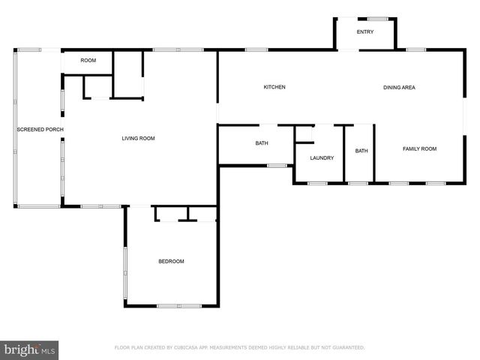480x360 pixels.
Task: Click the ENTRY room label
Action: (x=364, y=32)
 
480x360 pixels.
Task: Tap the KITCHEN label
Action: (x=274, y=88)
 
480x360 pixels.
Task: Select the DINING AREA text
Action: (x=399, y=88)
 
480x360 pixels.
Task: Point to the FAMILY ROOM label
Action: (x=419, y=149)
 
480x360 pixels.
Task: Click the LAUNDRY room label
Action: (x=322, y=157)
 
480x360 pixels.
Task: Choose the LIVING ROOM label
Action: (x=139, y=139)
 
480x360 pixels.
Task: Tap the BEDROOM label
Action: (x=171, y=261)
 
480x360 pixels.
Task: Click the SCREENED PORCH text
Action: (x=40, y=130)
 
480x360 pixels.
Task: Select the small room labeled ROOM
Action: (x=88, y=60)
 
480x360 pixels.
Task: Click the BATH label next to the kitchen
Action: (x=262, y=143)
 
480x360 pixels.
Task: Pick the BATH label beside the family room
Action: (x=361, y=151)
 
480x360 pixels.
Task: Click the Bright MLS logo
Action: (x=29, y=349)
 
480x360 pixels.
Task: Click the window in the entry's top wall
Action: (x=378, y=19)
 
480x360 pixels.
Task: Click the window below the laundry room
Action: (x=317, y=183)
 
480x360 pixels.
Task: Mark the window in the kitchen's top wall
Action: (x=256, y=50)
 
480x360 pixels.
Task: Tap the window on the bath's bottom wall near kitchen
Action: (x=277, y=165)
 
